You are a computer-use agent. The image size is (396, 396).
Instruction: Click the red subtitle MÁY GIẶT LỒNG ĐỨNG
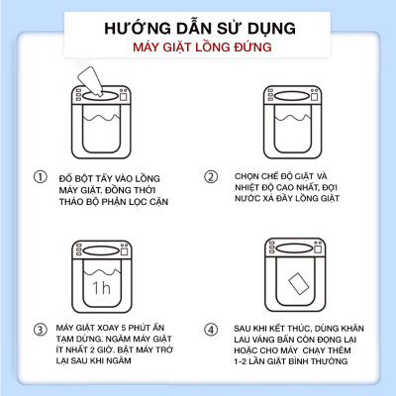[198, 48]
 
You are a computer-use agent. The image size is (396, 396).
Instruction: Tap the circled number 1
[40, 177]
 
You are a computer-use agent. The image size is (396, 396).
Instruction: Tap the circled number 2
[210, 177]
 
